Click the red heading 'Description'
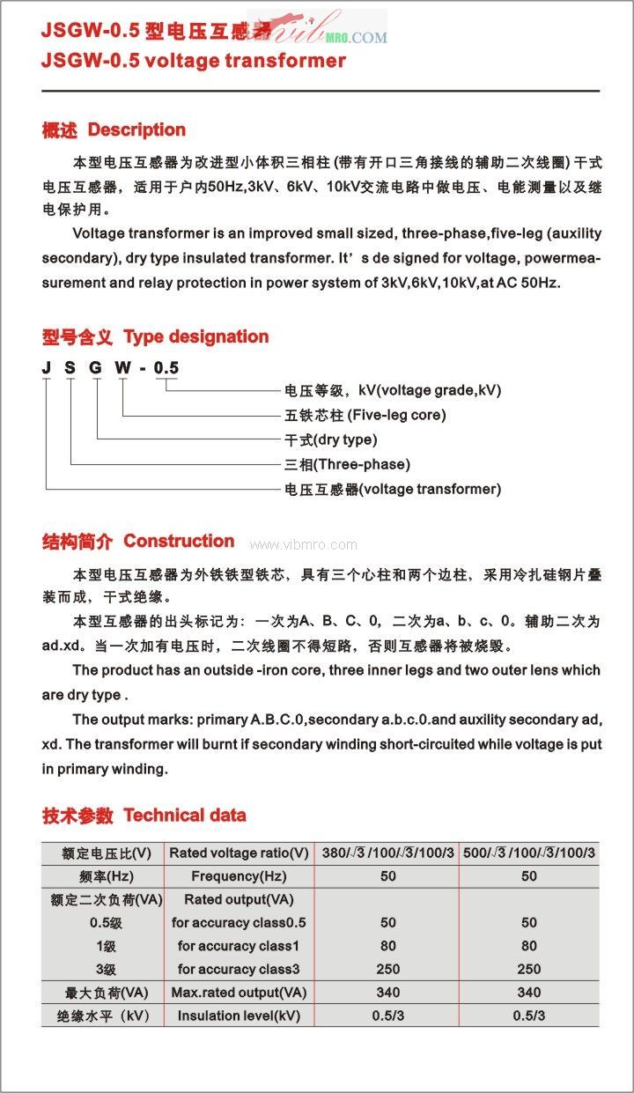[136, 130]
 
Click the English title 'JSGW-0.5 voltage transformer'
[193, 61]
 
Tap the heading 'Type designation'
[195, 336]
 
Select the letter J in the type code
[46, 367]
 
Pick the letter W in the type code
[120, 367]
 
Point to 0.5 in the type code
[166, 367]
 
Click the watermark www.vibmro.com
[303, 545]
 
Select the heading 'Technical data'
[185, 816]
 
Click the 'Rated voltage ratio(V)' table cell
[239, 853]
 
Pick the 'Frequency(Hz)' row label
[239, 876]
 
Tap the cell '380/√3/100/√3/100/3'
[387, 853]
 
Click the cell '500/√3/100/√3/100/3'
[528, 853]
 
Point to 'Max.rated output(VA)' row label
[239, 993]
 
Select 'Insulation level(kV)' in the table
[239, 1015]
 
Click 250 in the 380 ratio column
[387, 969]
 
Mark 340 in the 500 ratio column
[528, 993]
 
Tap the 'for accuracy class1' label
[239, 946]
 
